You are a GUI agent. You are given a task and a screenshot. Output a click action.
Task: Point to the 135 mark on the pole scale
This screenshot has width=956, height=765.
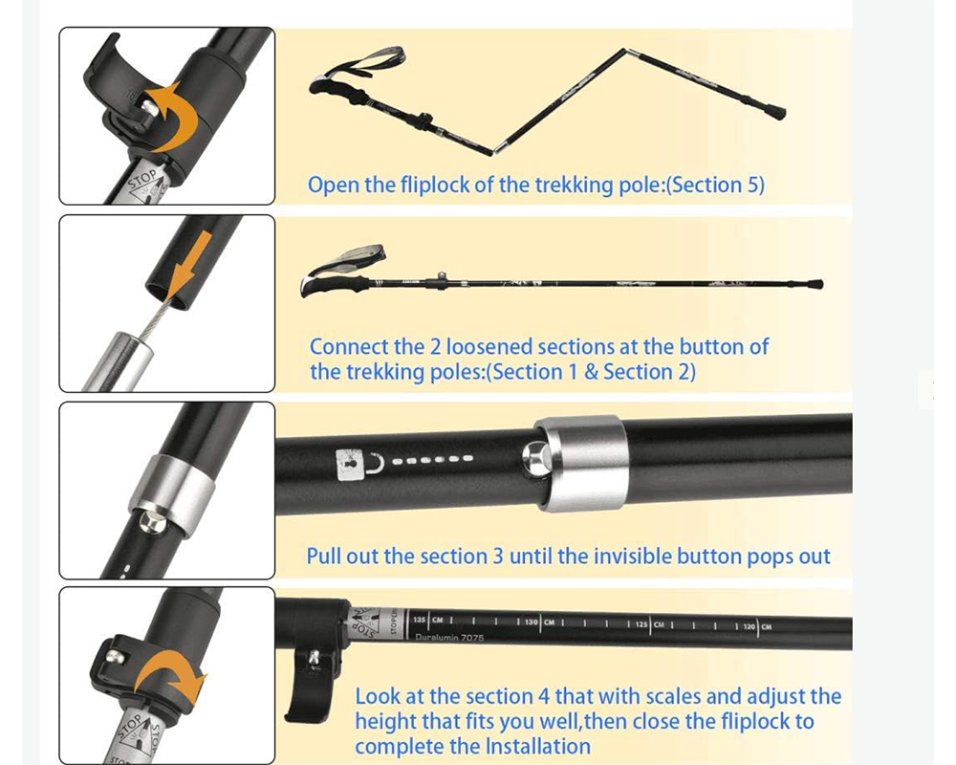coord(421,621)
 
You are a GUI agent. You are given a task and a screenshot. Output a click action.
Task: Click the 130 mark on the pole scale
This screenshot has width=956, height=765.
coord(532,623)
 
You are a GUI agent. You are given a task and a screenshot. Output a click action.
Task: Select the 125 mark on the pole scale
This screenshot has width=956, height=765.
coord(641,624)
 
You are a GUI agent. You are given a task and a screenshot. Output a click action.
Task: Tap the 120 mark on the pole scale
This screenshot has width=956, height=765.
coord(750,626)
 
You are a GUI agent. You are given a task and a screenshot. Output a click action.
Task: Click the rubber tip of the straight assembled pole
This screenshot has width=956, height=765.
coord(815,284)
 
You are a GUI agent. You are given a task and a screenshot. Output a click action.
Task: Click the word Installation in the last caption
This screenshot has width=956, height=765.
coord(536,746)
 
